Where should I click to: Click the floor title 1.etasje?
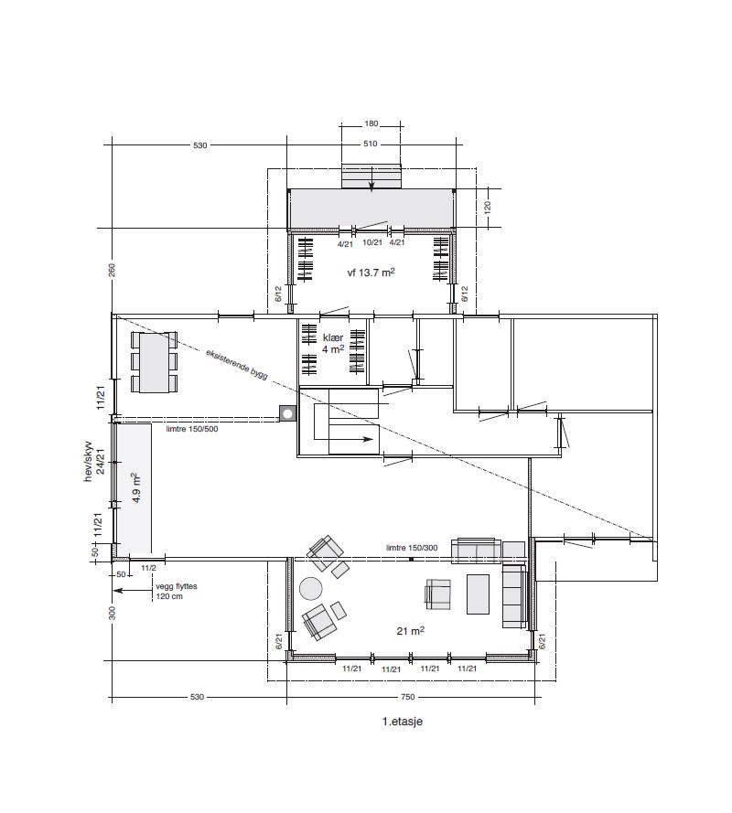[x=402, y=722]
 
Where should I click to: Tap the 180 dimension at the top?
[x=371, y=124]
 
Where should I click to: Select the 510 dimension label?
[x=371, y=144]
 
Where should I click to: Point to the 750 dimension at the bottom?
[x=408, y=697]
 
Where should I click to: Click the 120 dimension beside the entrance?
[x=487, y=208]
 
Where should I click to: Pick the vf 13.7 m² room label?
[x=371, y=272]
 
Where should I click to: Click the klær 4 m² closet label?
[x=333, y=343]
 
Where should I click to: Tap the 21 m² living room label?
[x=411, y=630]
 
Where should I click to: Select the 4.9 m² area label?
[x=136, y=487]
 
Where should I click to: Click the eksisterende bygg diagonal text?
[x=237, y=364]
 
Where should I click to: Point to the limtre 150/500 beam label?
[x=192, y=429]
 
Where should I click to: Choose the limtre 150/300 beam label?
[x=412, y=548]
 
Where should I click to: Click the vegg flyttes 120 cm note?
[x=177, y=591]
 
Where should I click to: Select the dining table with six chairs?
[x=154, y=362]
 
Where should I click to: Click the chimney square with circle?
[x=287, y=413]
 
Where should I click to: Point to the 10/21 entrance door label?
[x=372, y=242]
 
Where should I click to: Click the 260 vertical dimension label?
[x=112, y=270]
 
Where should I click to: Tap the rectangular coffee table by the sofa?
[x=478, y=594]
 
